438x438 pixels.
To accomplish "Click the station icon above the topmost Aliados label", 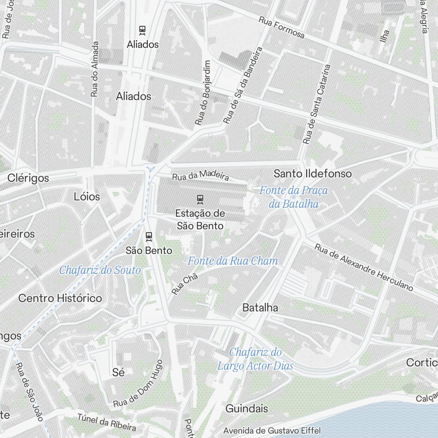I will (x=142, y=30).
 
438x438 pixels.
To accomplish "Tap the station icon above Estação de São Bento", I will (x=200, y=199).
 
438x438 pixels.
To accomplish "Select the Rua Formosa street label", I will (x=281, y=27).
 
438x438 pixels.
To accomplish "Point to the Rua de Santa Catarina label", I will (x=317, y=105).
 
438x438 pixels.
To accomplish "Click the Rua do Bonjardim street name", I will (x=203, y=93).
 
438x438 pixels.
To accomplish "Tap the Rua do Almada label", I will (x=95, y=69).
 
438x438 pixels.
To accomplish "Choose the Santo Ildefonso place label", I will (x=312, y=173).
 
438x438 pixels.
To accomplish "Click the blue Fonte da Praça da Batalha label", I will (x=293, y=197).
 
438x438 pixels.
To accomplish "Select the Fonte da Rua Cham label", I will (x=233, y=261).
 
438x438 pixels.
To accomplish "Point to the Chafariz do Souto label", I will (x=100, y=270).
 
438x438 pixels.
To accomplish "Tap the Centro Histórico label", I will (x=60, y=298).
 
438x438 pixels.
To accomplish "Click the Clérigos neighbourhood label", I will (x=28, y=178).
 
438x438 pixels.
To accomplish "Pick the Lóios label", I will (x=87, y=197).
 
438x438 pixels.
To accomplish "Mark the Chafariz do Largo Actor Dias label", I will (x=255, y=359).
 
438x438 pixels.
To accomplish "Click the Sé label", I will (x=118, y=372).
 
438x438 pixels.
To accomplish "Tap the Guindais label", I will (x=247, y=409).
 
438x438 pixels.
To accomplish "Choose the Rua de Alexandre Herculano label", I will (x=364, y=267).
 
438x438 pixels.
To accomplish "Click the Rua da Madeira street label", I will (x=201, y=176).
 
